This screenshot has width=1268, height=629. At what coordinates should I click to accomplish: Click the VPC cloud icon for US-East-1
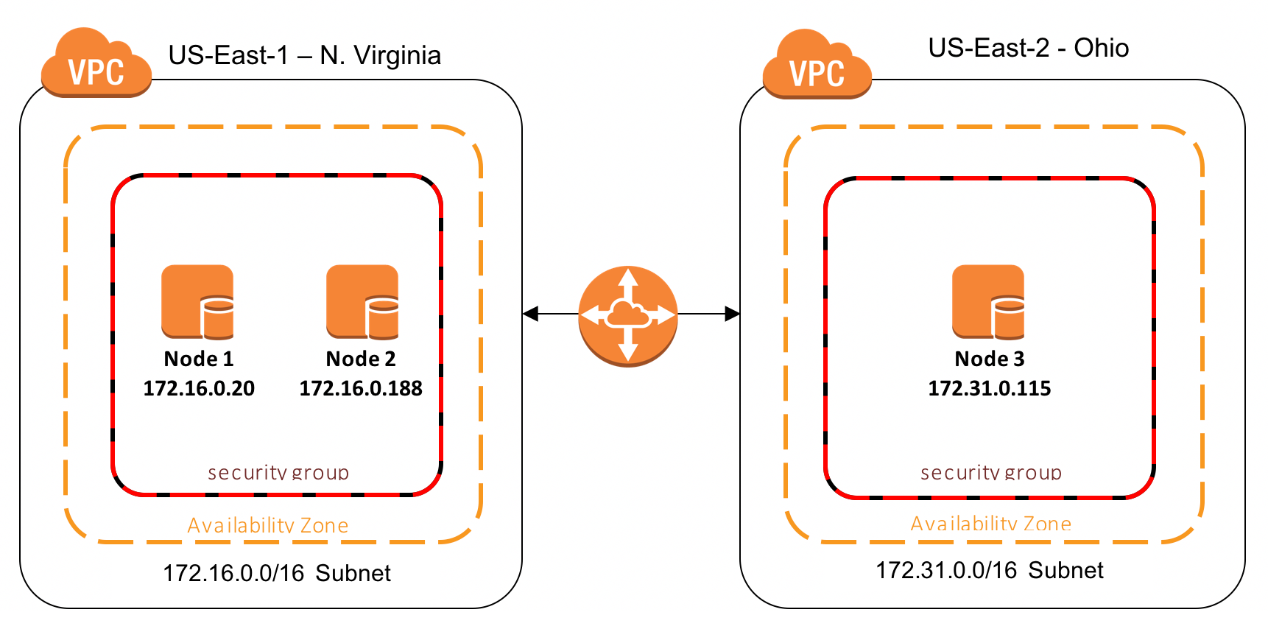96,65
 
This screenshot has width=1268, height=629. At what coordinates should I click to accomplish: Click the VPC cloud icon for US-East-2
817,66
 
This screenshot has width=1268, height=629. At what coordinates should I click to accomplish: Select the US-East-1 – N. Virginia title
304,55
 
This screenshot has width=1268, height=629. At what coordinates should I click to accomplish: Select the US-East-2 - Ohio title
1028,48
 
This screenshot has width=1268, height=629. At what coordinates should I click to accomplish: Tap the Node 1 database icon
197,302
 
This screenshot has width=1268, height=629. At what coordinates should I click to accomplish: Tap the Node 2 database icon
362,302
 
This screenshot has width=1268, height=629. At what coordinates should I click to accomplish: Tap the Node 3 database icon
988,302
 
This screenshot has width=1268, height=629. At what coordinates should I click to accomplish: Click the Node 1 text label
198,359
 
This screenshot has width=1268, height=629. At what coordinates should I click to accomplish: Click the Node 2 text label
361,359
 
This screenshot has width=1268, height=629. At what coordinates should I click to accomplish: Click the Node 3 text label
989,359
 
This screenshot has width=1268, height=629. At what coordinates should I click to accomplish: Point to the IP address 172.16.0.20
199,388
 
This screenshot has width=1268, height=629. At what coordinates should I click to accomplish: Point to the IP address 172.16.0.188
361,388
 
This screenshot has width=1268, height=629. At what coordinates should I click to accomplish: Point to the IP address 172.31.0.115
989,388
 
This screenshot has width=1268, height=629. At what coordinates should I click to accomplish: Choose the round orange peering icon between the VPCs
627,315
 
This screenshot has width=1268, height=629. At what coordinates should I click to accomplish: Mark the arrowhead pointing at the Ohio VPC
732,314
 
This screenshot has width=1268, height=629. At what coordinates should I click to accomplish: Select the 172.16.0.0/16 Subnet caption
276,573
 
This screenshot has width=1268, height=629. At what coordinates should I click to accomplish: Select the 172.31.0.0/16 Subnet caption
989,570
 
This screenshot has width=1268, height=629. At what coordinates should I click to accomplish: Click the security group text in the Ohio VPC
990,472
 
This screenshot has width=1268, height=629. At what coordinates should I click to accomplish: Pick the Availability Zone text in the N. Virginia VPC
267,525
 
